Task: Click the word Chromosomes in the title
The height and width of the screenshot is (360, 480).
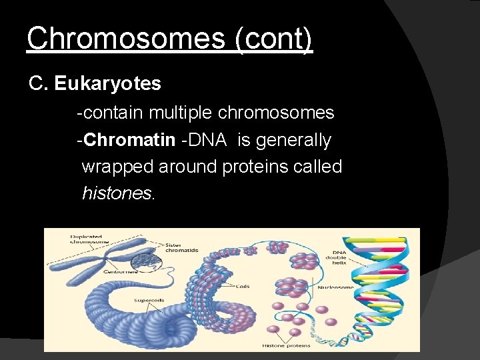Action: point(125,39)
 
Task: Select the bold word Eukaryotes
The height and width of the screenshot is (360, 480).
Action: point(107,84)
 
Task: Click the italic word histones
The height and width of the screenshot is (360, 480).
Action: point(118,193)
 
